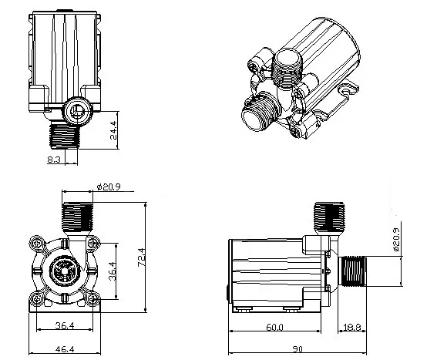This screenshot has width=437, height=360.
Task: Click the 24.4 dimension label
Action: [114, 130]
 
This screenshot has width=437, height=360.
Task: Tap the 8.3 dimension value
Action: [54, 160]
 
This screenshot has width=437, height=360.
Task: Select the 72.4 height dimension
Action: [142, 257]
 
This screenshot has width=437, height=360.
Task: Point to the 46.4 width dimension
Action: [65, 349]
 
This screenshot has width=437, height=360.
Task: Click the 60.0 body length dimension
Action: [274, 327]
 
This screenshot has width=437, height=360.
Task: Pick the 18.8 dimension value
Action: [352, 327]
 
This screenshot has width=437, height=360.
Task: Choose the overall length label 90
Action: [297, 349]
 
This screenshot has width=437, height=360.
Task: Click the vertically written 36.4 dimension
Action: [113, 271]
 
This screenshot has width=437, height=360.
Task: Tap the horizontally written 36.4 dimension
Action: [65, 325]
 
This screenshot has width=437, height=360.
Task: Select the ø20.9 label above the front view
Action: [109, 187]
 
